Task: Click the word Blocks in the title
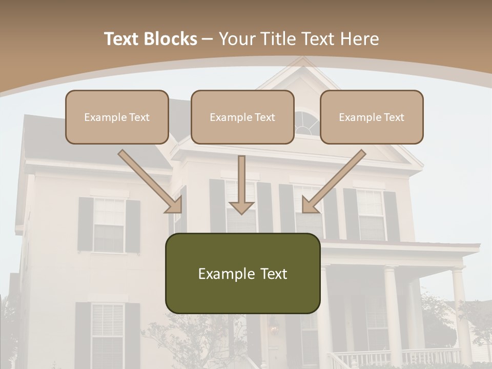pyautogui.click(x=170, y=39)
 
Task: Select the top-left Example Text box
pyautogui.click(x=117, y=117)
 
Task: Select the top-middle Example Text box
pyautogui.click(x=242, y=117)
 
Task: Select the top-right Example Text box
pyautogui.click(x=372, y=117)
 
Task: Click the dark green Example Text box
pyautogui.click(x=242, y=273)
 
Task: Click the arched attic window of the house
pyautogui.click(x=306, y=124)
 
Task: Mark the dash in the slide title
pyautogui.click(x=208, y=39)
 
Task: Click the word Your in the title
pyautogui.click(x=237, y=39)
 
